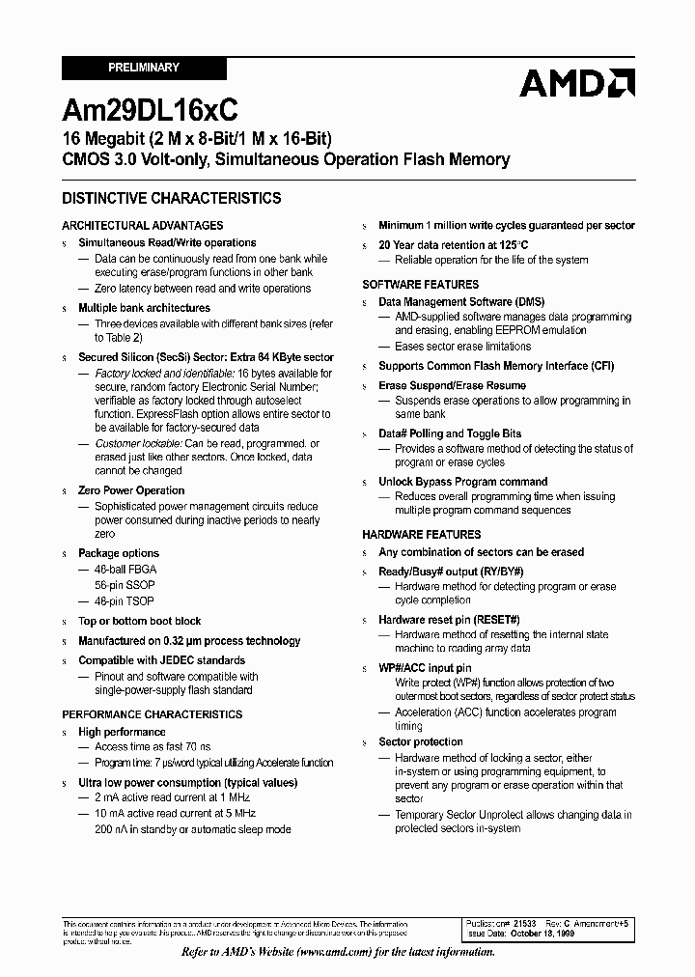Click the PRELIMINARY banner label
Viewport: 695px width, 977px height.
click(x=143, y=68)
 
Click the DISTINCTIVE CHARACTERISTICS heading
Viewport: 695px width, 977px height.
click(x=171, y=198)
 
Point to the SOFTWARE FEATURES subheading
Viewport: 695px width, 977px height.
click(x=420, y=285)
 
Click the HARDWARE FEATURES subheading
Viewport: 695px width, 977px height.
click(x=421, y=535)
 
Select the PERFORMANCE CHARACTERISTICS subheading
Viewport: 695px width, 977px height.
click(x=153, y=714)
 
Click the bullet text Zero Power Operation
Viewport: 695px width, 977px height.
click(x=131, y=490)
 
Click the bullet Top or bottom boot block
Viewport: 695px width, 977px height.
click(x=139, y=621)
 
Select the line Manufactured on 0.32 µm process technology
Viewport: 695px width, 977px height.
click(x=189, y=641)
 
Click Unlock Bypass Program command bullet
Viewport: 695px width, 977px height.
click(x=462, y=482)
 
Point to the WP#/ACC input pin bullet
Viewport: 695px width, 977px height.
click(x=425, y=668)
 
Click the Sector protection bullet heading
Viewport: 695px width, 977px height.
click(x=420, y=742)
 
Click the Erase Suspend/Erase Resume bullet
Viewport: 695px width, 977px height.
click(x=452, y=385)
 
